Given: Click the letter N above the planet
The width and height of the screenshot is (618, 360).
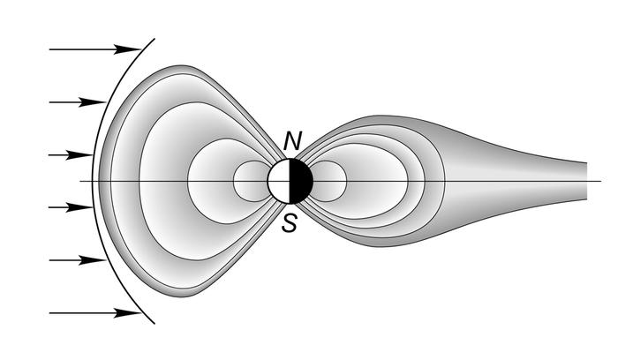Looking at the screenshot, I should (x=292, y=141).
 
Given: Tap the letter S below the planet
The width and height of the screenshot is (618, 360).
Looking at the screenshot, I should (x=289, y=223).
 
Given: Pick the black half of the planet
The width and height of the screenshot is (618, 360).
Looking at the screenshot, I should (x=302, y=181).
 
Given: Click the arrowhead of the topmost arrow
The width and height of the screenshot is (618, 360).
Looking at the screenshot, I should (x=133, y=49).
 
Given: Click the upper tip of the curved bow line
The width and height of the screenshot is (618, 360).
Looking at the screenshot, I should (x=156, y=39).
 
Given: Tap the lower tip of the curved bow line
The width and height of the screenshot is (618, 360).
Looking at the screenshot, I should (x=156, y=323).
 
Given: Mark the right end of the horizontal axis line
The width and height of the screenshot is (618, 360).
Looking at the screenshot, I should (x=600, y=181).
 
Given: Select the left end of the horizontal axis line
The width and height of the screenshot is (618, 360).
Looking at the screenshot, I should (x=80, y=181).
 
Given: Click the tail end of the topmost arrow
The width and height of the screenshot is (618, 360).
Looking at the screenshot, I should (x=50, y=49).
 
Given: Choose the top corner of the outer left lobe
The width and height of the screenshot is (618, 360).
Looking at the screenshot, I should (x=185, y=66).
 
